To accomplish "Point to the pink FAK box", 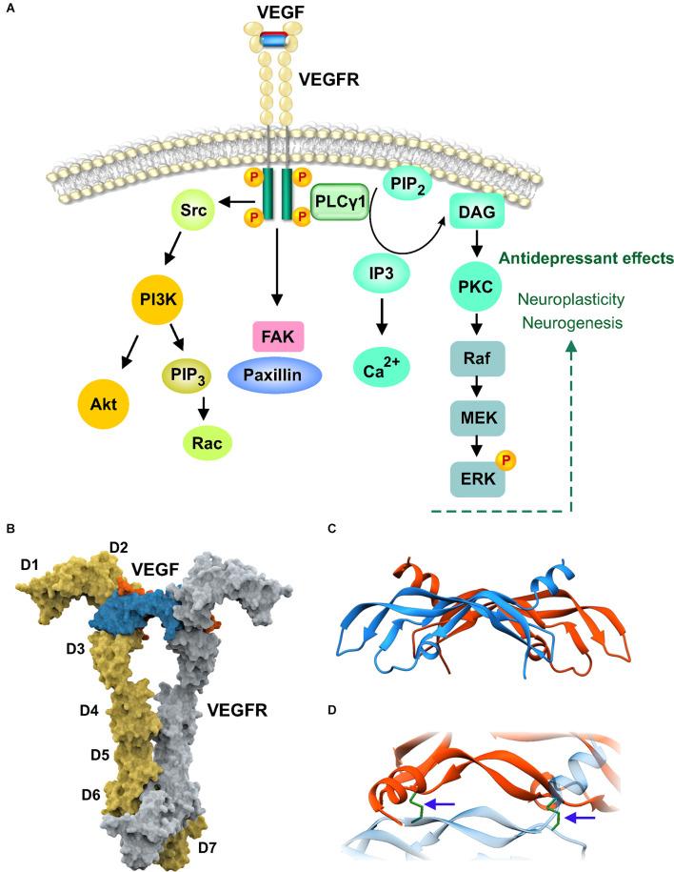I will (x=276, y=336).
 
